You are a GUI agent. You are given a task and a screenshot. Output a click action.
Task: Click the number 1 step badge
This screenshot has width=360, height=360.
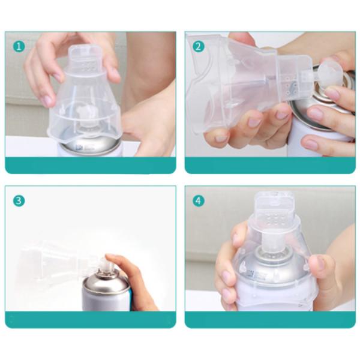tap(19, 47)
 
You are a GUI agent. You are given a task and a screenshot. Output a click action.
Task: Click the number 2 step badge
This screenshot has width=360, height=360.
tap(199, 47)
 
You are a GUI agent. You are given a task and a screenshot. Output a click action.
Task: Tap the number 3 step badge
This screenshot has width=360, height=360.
tap(19, 200)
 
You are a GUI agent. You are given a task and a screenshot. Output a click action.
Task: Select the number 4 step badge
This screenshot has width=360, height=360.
tap(199, 200)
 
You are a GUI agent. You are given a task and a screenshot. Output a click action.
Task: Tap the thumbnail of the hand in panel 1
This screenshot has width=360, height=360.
tap(48, 101)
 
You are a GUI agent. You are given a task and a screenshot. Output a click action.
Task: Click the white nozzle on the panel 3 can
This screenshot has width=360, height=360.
tap(106, 264)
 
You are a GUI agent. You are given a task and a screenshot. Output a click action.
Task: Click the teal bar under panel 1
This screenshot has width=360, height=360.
tap(91, 166)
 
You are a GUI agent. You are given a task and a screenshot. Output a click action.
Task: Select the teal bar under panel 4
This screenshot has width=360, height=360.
tap(270, 320)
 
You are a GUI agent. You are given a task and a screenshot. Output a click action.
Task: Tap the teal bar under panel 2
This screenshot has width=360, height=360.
tap(270, 166)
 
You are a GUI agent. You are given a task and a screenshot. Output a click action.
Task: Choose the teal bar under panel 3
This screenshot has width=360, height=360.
tap(91, 320)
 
